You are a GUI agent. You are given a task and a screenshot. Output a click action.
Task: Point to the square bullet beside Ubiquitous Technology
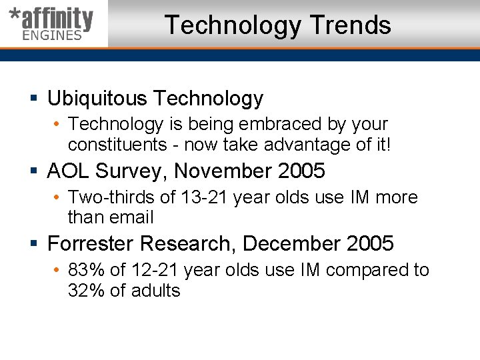[35, 99]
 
